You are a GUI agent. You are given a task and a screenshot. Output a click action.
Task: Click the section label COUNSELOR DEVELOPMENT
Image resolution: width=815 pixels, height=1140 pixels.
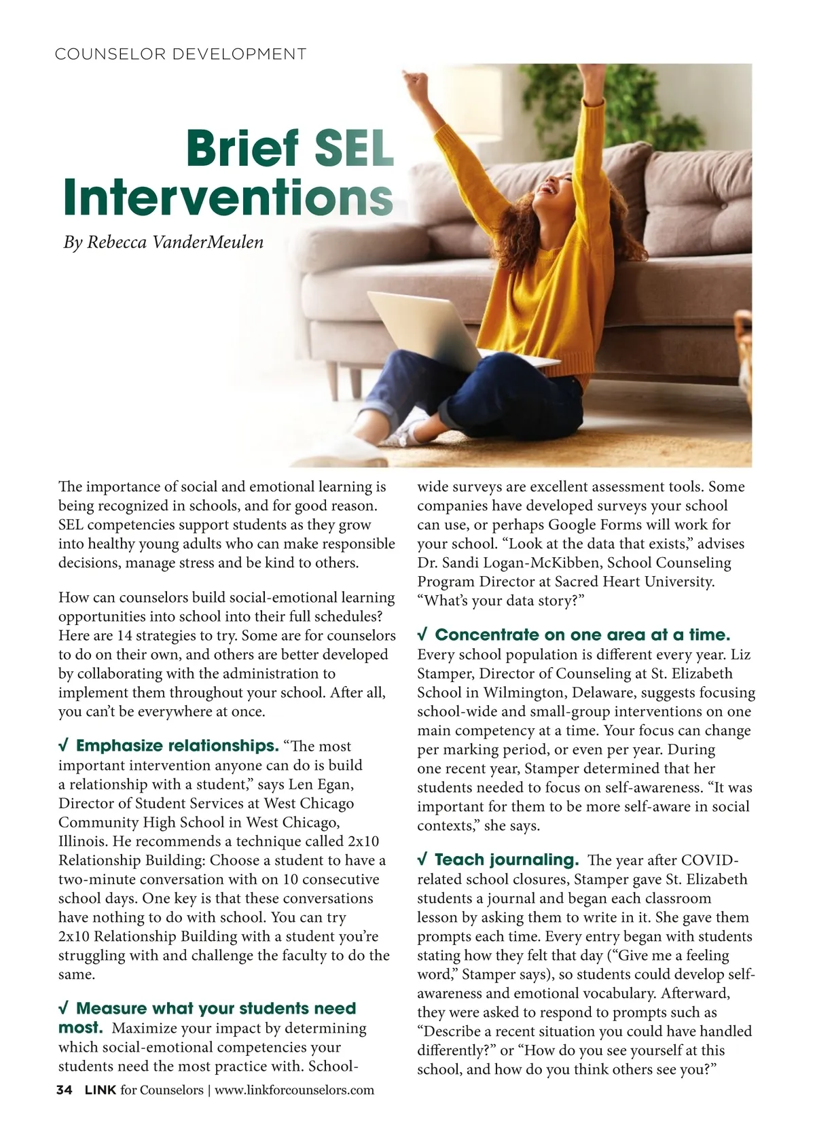(x=180, y=54)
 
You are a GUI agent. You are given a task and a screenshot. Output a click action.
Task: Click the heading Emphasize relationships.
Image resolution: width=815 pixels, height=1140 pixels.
(x=177, y=746)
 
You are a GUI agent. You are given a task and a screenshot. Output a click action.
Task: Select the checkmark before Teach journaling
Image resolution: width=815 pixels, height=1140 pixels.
(x=422, y=859)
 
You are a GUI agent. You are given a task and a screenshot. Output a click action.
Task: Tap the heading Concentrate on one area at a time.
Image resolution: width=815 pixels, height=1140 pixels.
(x=582, y=635)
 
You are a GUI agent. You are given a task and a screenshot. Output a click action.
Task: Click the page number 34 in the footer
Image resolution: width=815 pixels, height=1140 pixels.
(x=64, y=1090)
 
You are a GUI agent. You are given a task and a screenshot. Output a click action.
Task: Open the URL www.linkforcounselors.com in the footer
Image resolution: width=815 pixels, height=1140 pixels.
(x=294, y=1090)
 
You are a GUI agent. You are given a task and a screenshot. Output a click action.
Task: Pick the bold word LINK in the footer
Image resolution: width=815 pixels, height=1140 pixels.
(x=99, y=1090)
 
